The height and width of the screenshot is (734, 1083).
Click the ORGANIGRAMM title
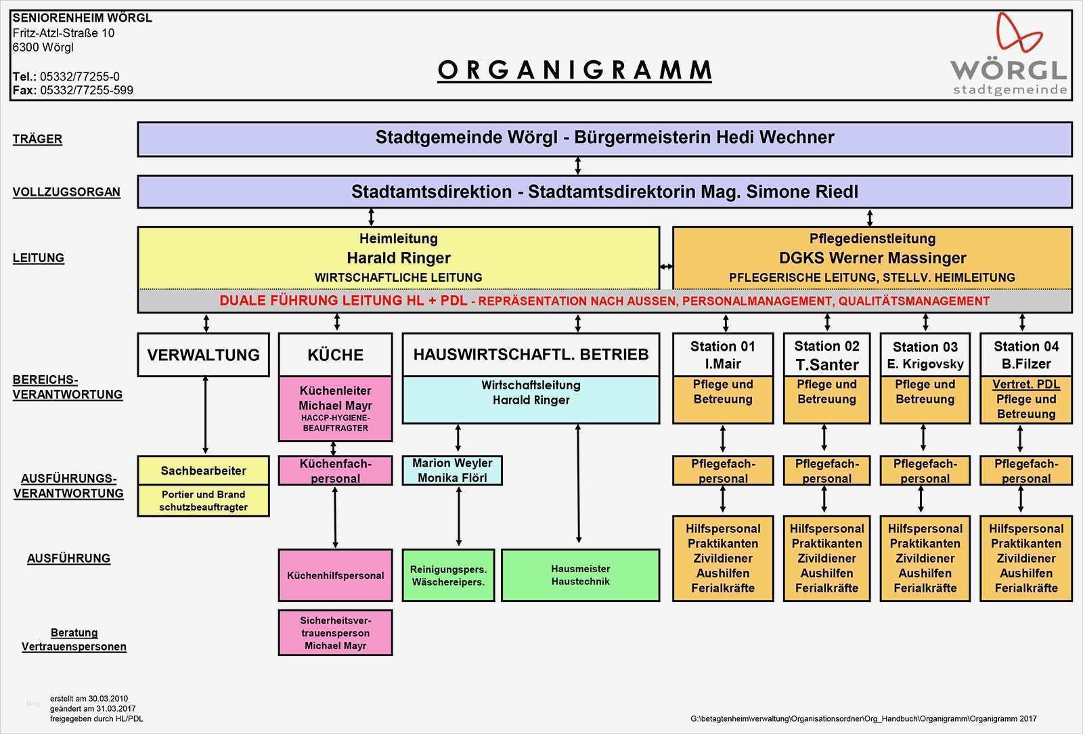coord(575,70)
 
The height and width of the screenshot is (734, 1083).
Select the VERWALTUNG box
coord(203,355)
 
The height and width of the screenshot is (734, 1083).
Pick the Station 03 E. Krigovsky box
coord(925,355)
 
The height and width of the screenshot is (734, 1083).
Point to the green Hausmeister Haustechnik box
coord(580,575)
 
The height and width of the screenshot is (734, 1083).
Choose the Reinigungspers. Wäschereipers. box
coord(448,575)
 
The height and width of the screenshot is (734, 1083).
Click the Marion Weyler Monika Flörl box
coord(452,471)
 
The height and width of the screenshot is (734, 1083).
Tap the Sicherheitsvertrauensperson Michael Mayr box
coord(335,633)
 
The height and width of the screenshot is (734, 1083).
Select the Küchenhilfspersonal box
coord(335,576)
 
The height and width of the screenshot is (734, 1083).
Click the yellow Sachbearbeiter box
coord(203,471)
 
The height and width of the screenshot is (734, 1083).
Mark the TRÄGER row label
coord(37,139)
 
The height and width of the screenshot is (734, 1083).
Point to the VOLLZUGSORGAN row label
coord(66,192)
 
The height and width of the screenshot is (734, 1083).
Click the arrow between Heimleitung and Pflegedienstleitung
coord(666,267)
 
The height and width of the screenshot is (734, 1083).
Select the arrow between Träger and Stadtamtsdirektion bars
coord(577,166)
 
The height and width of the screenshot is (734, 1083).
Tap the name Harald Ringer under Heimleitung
coord(398,258)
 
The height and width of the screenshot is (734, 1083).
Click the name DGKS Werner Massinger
coord(872,258)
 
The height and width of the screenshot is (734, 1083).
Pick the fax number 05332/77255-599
coord(86,90)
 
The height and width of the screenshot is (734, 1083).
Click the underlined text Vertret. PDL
coord(1025,385)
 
